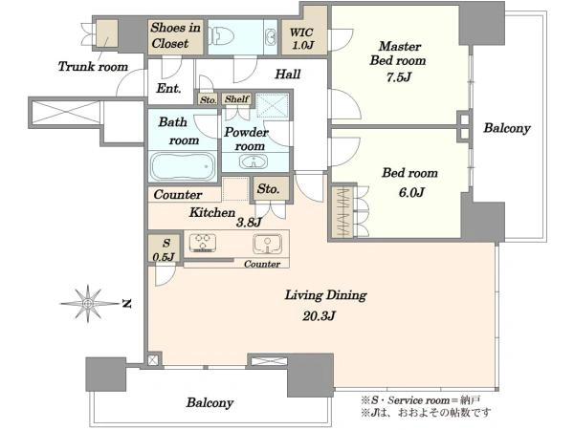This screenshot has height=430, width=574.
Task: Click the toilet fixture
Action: tap(221, 36)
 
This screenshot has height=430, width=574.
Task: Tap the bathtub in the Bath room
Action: tap(183, 166)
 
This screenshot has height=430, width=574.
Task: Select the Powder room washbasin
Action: tap(253, 161)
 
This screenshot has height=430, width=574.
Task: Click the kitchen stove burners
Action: tap(202, 243)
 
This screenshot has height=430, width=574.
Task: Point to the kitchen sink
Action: tap(268, 244)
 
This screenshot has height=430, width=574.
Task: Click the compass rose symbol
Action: tap(88, 303)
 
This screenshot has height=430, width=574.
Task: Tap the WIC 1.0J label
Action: tap(302, 38)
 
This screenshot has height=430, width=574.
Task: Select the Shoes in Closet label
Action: tap(175, 35)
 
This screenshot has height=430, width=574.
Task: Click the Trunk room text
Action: tap(93, 67)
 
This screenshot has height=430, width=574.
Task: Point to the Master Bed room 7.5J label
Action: tap(398, 61)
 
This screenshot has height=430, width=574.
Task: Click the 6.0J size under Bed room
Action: tap(411, 192)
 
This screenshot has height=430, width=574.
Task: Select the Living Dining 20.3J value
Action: tap(319, 315)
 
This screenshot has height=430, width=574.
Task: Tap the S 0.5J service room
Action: tap(165, 249)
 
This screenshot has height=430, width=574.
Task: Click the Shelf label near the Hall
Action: tap(237, 98)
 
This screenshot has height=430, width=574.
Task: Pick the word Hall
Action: tap(288, 75)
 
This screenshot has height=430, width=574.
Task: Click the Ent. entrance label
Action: tap(168, 88)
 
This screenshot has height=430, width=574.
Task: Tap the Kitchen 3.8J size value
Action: tap(249, 222)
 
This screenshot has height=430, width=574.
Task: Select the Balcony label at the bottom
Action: tap(210, 402)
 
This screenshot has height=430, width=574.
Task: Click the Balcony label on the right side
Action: tap(507, 128)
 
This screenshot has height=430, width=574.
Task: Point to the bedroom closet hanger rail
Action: tap(343, 212)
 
